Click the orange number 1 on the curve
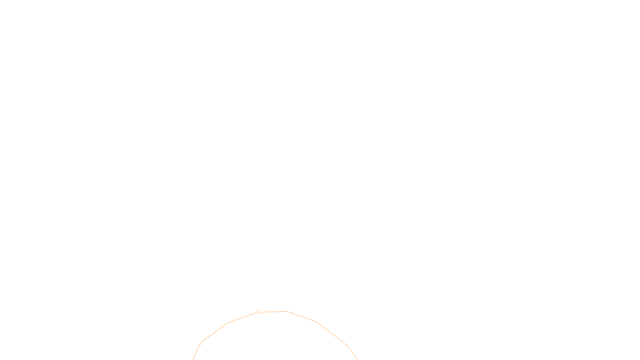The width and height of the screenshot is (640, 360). [258, 312]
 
